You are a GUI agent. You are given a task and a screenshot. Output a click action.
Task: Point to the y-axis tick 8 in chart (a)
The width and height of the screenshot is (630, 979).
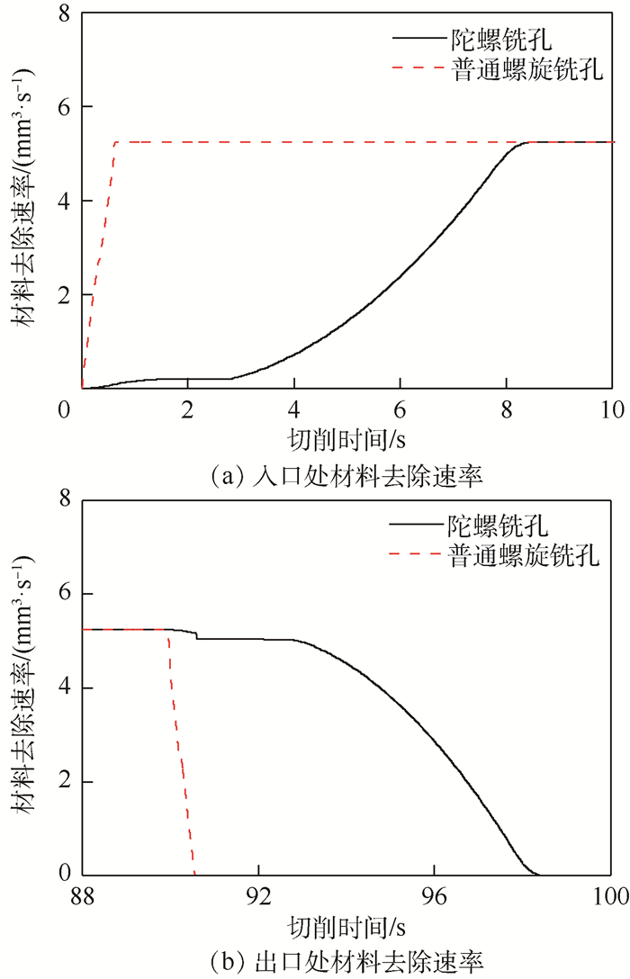click(x=64, y=13)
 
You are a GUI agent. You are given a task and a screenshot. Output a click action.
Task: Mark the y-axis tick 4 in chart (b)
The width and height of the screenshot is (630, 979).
click(x=64, y=688)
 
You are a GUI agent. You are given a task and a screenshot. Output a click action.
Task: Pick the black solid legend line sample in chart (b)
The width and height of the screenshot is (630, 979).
click(x=413, y=525)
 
